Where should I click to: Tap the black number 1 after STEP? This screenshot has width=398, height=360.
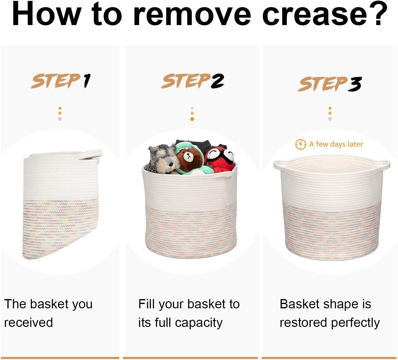[87, 81]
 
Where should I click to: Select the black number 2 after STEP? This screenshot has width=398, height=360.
[217, 81]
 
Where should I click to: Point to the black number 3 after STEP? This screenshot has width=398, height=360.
[355, 84]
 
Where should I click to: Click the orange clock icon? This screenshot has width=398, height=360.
[301, 144]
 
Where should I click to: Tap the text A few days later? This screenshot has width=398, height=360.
[336, 144]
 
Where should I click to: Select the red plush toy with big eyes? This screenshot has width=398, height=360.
[220, 160]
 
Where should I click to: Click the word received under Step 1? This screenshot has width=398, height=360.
[28, 323]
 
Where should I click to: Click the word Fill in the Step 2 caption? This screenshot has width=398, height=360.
[146, 304]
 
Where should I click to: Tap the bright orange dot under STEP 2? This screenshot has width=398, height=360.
[192, 119]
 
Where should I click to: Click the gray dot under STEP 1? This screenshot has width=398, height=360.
[60, 119]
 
